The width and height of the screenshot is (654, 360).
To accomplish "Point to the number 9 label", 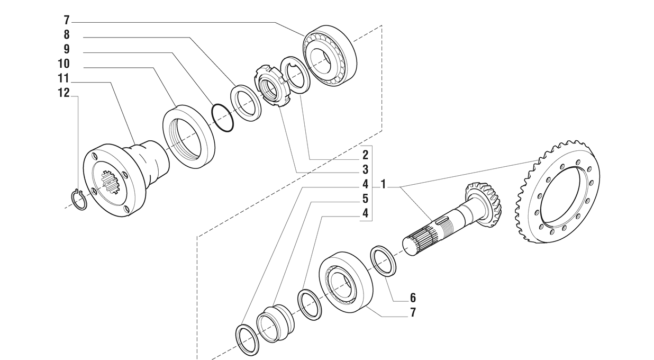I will click(x=66, y=49).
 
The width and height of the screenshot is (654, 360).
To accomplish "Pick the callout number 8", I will click(x=66, y=35).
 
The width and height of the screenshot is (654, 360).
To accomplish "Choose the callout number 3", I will click(x=365, y=170).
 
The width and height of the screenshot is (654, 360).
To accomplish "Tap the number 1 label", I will click(x=383, y=185).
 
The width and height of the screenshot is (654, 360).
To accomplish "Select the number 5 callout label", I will click(x=365, y=200).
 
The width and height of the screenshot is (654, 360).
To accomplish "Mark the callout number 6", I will click(x=413, y=298).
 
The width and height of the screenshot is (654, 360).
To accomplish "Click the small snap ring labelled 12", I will click(x=79, y=200).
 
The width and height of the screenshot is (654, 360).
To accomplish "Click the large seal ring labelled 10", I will click(x=188, y=137).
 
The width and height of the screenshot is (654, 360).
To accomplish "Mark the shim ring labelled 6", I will click(x=384, y=261).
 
